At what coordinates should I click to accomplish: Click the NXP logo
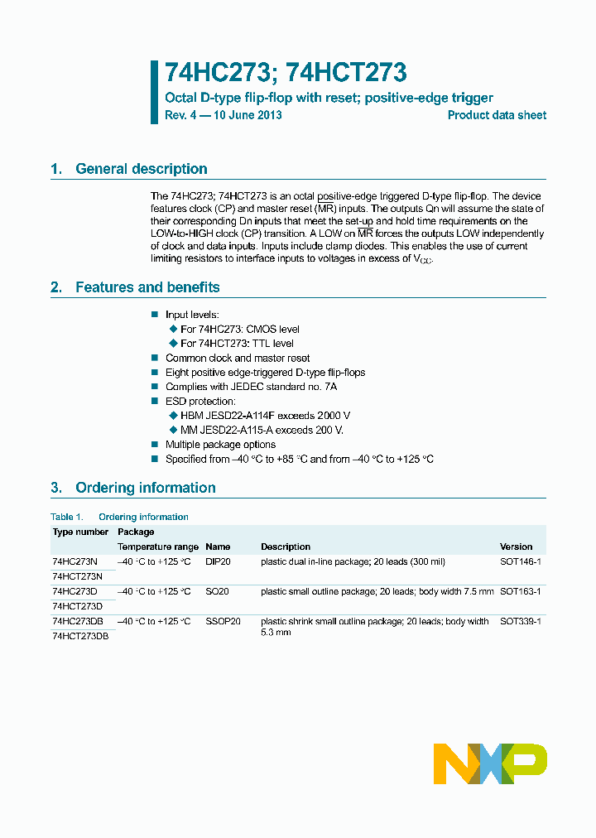click(x=491, y=763)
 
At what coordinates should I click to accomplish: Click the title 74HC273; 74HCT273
click(x=286, y=73)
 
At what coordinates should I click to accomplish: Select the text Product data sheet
click(x=497, y=115)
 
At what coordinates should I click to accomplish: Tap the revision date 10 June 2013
click(x=248, y=115)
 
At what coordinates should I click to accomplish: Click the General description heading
click(x=141, y=169)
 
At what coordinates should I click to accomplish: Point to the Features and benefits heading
click(x=147, y=287)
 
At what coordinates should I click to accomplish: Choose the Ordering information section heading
click(x=145, y=488)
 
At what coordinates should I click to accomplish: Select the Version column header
click(x=516, y=547)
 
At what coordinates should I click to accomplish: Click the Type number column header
click(x=79, y=532)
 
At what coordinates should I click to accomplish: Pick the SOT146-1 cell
click(x=520, y=561)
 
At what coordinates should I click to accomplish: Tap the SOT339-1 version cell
click(x=520, y=621)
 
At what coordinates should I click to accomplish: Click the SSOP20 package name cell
click(x=223, y=621)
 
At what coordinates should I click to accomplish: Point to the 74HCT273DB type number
click(x=80, y=636)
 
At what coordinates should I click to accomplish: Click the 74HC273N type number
click(x=74, y=561)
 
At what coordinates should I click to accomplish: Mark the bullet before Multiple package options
click(x=154, y=445)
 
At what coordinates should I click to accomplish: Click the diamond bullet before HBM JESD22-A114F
click(x=174, y=416)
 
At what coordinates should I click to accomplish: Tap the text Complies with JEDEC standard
click(x=251, y=387)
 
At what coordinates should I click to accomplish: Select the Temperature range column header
click(x=157, y=547)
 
